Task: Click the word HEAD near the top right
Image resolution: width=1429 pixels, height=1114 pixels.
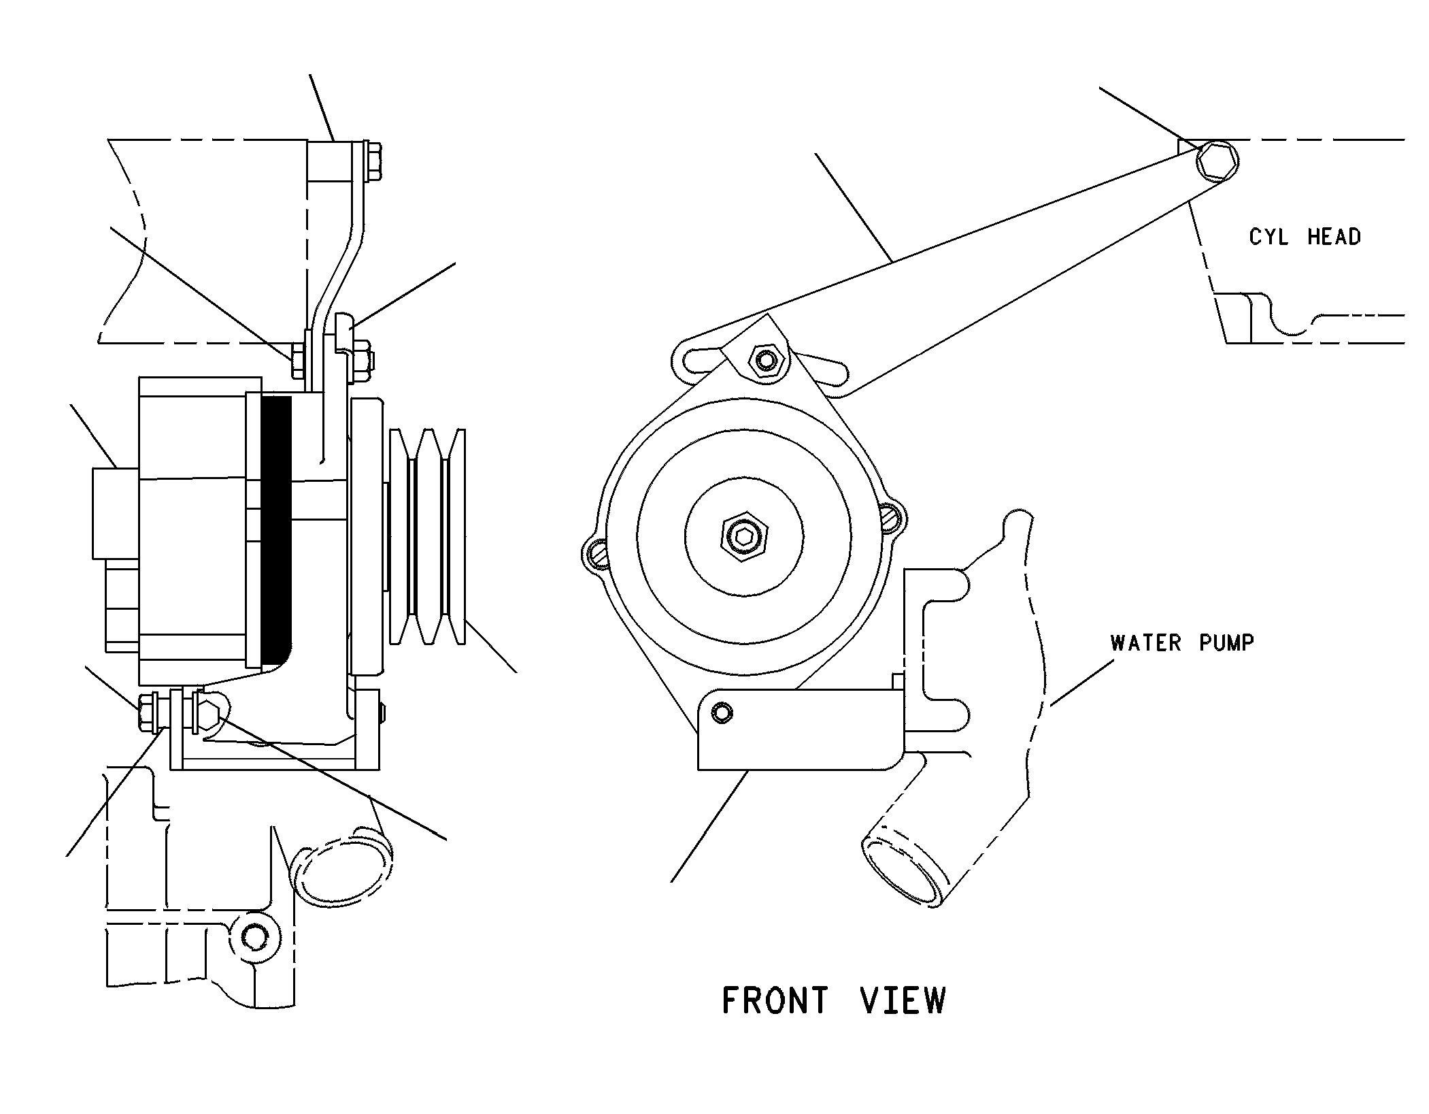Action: point(1334,237)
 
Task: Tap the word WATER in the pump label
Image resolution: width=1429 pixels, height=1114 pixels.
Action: point(1146,643)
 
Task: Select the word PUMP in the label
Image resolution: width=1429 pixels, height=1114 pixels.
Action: point(1226,643)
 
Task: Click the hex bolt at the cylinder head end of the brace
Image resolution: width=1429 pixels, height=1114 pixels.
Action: point(1217,162)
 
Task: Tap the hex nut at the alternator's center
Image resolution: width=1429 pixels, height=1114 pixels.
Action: point(745,538)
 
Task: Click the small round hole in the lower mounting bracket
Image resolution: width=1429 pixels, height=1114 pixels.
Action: point(722,712)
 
